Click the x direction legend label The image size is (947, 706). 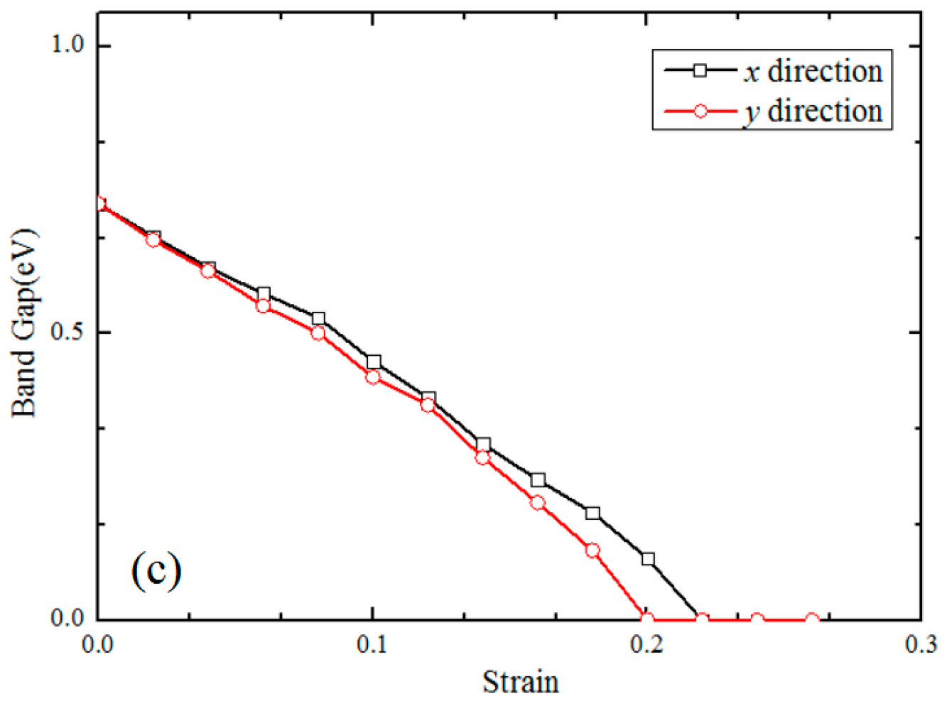[813, 71]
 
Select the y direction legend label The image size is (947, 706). [813, 112]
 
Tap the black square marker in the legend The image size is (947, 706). [700, 70]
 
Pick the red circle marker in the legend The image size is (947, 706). [700, 111]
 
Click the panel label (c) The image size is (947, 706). [156, 570]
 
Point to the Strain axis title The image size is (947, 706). [520, 682]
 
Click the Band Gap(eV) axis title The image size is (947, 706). [24, 323]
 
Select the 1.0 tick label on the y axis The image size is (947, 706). [68, 45]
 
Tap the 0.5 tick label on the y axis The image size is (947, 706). [68, 332]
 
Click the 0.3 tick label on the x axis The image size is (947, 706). [921, 644]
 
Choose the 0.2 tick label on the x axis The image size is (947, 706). [646, 644]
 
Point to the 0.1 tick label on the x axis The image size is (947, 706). [372, 644]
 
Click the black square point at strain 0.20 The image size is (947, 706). [648, 559]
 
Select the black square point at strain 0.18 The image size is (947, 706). [592, 514]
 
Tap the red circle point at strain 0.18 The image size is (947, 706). [592, 550]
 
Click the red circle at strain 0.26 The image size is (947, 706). [812, 620]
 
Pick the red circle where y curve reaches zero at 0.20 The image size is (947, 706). [647, 619]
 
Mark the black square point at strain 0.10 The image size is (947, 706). [374, 362]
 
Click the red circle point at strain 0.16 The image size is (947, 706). [538, 503]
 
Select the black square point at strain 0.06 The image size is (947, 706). [264, 294]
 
